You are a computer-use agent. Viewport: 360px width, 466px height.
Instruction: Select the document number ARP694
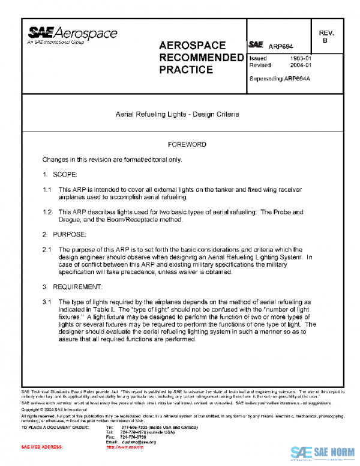pos(280,46)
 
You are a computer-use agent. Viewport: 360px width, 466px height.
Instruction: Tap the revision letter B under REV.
pos(325,41)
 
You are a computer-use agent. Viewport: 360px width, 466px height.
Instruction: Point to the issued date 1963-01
pos(300,59)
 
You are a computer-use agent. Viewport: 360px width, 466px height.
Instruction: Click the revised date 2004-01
pos(300,65)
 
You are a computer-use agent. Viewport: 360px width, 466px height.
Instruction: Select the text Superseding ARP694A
pos(279,79)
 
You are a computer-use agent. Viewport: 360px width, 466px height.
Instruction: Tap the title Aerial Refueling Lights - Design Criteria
pos(177,114)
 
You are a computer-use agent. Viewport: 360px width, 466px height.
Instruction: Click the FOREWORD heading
pos(187,145)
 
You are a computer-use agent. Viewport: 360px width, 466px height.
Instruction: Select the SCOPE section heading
pos(65,175)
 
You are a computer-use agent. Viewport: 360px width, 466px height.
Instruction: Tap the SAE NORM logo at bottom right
pos(323,453)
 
